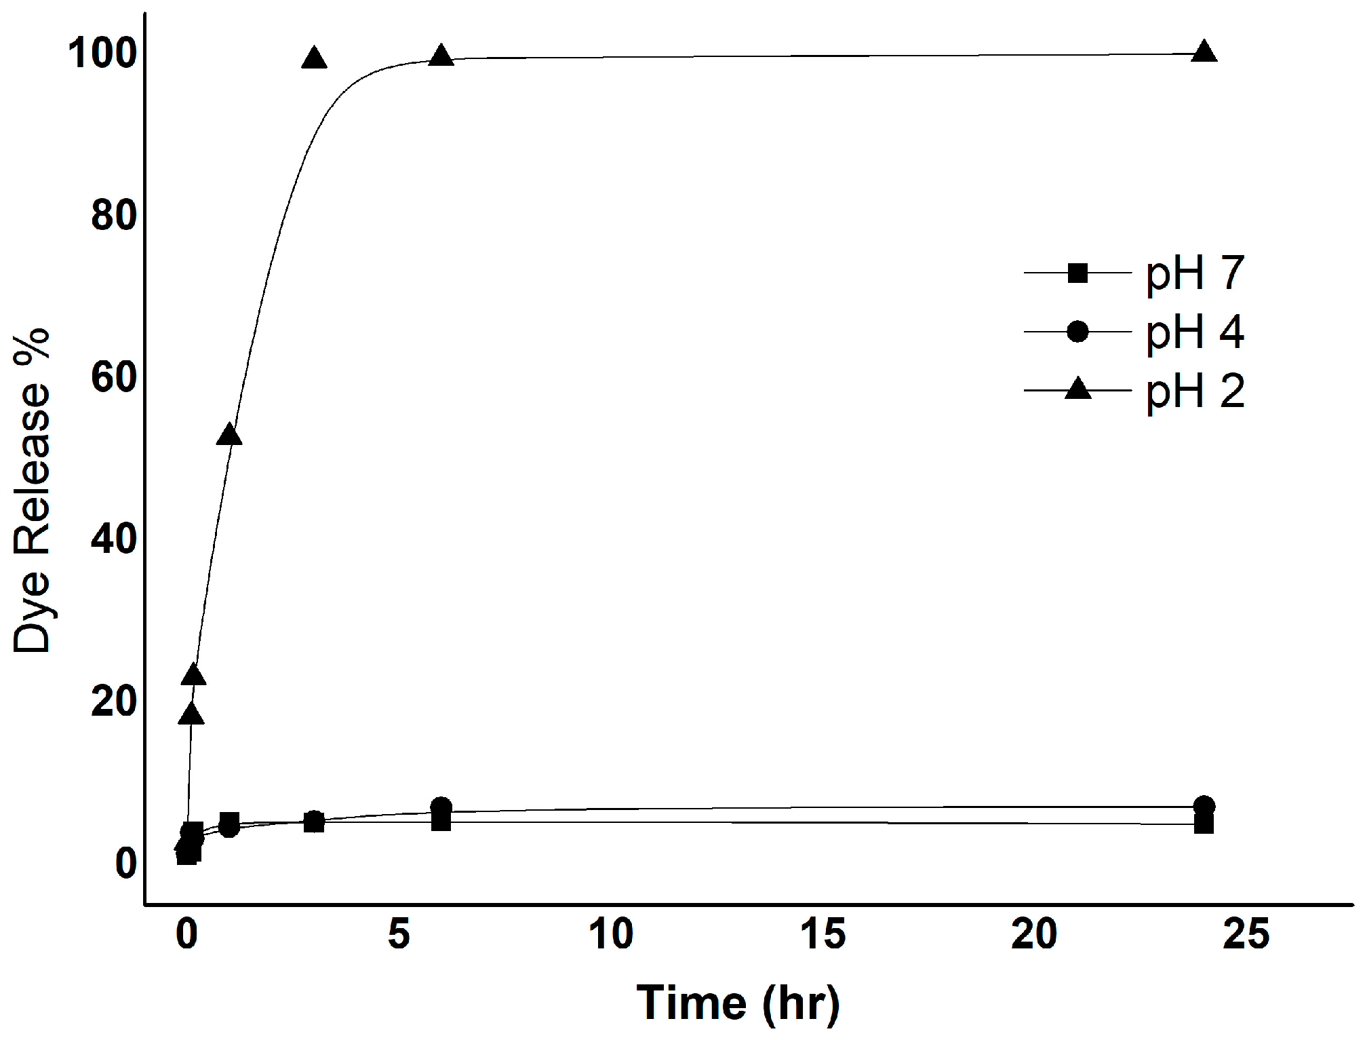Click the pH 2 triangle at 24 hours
coord(1204,52)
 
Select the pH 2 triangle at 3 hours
coord(314,59)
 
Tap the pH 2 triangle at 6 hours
coord(441,56)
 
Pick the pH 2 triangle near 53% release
coord(229,436)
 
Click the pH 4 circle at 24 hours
coord(1204,806)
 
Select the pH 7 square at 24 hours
coord(1204,824)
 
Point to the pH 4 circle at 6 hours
coord(441,807)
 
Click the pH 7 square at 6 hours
coord(441,822)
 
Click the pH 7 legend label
coord(1195,274)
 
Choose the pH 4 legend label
coord(1195,332)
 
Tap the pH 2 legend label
coord(1195,391)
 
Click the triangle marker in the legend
coord(1077,390)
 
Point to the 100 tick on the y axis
coord(102,53)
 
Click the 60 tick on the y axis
coord(114,377)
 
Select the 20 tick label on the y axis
coord(114,701)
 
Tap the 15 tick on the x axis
coord(823,934)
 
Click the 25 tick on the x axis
coord(1246,934)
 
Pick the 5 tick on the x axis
coord(399,934)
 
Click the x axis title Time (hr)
coord(738,1003)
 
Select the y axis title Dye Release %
coord(32,490)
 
